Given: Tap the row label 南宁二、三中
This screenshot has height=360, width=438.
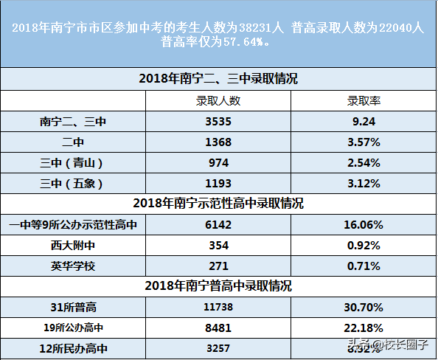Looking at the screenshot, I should pyautogui.click(x=73, y=121).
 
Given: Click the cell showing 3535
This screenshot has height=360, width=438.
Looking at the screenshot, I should pyautogui.click(x=218, y=121).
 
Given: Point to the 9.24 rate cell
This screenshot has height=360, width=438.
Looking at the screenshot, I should pyautogui.click(x=364, y=121).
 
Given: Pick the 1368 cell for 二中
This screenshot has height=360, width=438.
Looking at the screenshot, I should pyautogui.click(x=218, y=142).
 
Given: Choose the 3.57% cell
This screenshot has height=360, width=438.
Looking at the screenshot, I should pyautogui.click(x=364, y=142).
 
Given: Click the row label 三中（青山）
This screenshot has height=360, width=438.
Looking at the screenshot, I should pyautogui.click(x=73, y=162).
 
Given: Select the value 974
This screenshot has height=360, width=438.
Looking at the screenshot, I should pyautogui.click(x=218, y=162).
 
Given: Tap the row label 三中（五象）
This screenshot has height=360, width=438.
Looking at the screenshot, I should pyautogui.click(x=73, y=183).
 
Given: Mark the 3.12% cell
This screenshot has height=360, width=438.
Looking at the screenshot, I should pyautogui.click(x=364, y=183).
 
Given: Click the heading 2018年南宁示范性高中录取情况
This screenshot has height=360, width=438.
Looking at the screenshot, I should pyautogui.click(x=218, y=203).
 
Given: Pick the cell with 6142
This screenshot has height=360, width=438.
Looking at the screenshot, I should pyautogui.click(x=218, y=224).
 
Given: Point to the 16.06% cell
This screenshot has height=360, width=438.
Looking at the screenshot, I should pyautogui.click(x=364, y=224).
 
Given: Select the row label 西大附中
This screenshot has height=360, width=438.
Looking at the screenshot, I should pyautogui.click(x=73, y=244).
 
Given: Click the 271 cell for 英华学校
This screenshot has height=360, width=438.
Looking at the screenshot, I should pyautogui.click(x=218, y=265).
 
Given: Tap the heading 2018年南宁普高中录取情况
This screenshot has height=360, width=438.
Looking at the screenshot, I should pyautogui.click(x=218, y=285).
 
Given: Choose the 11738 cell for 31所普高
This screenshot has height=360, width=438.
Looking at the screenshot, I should pyautogui.click(x=218, y=305).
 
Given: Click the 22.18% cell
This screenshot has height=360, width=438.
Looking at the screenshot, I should pyautogui.click(x=364, y=326).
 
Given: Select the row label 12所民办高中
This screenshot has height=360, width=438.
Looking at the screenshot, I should pyautogui.click(x=73, y=347).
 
